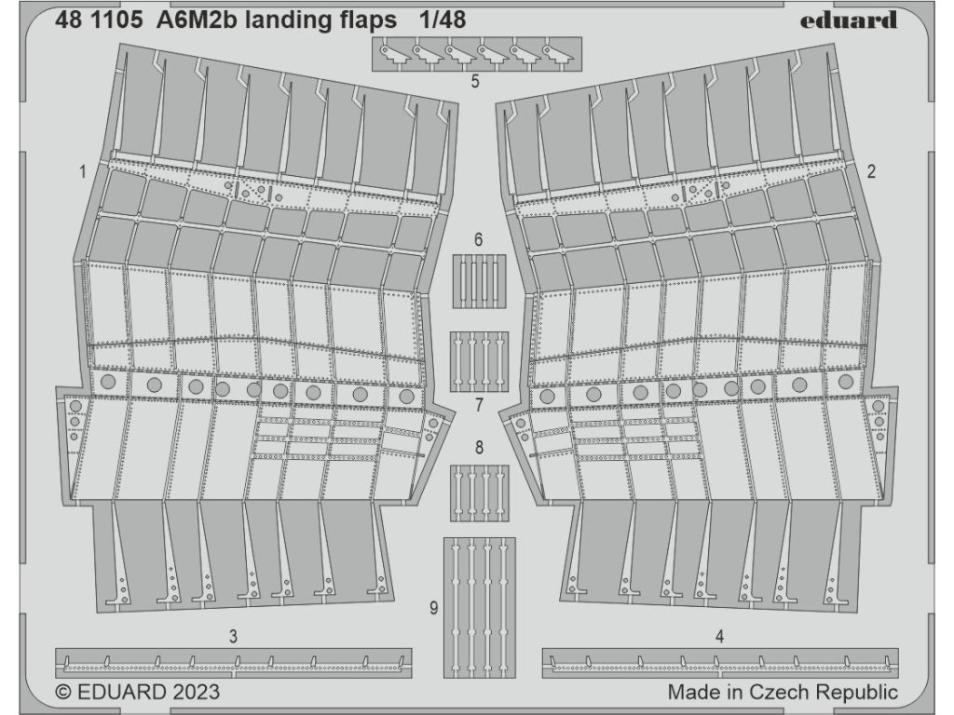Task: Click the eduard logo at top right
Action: [x=848, y=20]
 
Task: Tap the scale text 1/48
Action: [x=434, y=20]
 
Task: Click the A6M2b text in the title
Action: [x=197, y=20]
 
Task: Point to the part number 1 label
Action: [x=83, y=171]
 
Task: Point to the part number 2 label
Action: [x=871, y=171]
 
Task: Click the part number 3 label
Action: [x=233, y=637]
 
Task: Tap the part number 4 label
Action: [x=720, y=637]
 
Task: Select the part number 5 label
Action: [x=475, y=82]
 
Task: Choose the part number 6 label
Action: [x=478, y=240]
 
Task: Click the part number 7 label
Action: [x=479, y=405]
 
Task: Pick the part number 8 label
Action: [x=479, y=448]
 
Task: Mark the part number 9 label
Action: [x=434, y=609]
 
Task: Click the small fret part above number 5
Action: [x=476, y=54]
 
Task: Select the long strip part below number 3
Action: [x=233, y=662]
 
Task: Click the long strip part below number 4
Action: [x=720, y=662]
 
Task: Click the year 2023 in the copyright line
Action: [x=196, y=692]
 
